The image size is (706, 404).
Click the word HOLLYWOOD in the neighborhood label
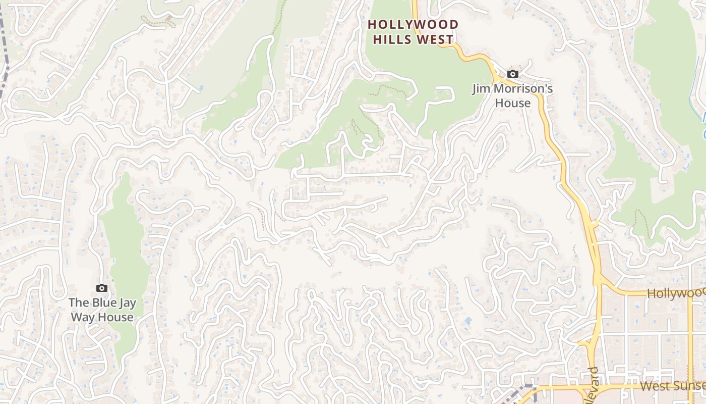coord(414,25)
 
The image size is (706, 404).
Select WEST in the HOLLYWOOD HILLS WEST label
coord(436,39)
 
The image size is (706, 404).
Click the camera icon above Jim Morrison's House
coord(512,74)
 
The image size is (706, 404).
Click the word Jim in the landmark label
coord(481,89)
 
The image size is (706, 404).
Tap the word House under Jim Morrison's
coord(512,103)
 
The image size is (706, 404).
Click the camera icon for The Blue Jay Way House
coord(102,288)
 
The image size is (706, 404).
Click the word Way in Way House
coord(82,317)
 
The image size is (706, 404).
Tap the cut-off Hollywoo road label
coord(676,293)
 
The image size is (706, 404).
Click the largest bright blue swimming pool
coord(468,321)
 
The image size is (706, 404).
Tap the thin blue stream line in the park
coord(703,119)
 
